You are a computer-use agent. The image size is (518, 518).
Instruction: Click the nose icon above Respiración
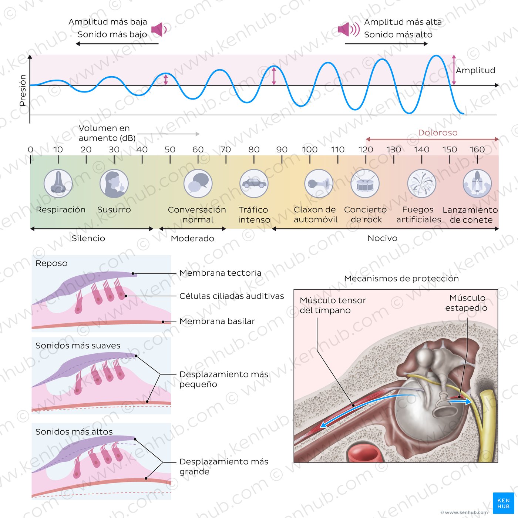tap(58, 184)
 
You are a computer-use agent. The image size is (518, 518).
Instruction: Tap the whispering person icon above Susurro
tap(114, 184)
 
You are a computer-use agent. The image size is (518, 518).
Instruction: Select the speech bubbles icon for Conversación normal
tap(198, 184)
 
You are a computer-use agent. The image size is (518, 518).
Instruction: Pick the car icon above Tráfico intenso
tap(254, 184)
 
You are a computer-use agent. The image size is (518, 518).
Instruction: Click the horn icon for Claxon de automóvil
tap(319, 184)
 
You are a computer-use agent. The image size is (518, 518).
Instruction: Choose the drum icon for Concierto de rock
tap(365, 184)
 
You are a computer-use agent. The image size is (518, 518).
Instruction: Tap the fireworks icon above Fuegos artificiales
tap(421, 184)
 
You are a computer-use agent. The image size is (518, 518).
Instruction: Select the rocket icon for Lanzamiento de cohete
tap(477, 184)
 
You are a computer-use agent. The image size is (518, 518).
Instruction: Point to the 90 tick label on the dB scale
tap(282, 149)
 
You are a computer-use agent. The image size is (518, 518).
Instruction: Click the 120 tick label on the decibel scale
tap(366, 149)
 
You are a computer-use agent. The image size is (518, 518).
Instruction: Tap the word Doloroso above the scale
tap(438, 132)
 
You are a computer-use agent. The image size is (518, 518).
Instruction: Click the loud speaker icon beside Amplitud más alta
tap(349, 29)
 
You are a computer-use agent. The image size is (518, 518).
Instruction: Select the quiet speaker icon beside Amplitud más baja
tap(159, 29)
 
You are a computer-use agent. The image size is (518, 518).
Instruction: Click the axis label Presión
tap(23, 90)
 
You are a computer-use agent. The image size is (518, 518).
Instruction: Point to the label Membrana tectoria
tap(220, 273)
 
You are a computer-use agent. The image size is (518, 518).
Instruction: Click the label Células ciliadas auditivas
tap(232, 296)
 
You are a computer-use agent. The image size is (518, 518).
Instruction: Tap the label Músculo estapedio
tap(466, 303)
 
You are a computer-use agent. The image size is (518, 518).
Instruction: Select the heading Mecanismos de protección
tap(401, 278)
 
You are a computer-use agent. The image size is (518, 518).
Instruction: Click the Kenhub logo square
tap(504, 503)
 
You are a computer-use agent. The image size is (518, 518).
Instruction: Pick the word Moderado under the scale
tap(192, 238)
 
